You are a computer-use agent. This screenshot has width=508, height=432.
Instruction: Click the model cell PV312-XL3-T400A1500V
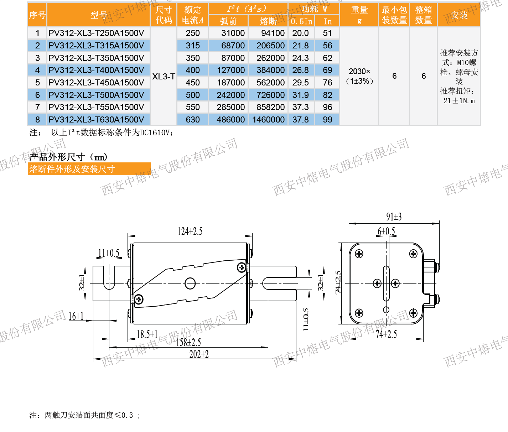(x=96, y=70)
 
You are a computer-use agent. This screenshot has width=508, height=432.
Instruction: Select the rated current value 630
(x=193, y=120)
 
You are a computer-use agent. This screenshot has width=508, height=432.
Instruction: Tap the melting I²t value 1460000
(x=269, y=120)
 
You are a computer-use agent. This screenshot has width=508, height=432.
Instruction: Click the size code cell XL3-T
(x=164, y=77)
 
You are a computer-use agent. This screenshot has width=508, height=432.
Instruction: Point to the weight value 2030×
(x=359, y=72)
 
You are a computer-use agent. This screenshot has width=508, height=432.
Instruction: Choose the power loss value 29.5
(x=300, y=83)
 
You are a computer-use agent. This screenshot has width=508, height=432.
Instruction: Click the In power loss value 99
(x=327, y=120)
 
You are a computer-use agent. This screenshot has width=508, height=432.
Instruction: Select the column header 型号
(x=98, y=15)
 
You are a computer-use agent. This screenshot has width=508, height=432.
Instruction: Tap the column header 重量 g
(x=359, y=15)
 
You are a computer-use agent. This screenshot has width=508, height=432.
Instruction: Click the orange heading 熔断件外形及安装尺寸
(x=72, y=169)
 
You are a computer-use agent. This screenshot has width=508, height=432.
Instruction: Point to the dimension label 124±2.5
(x=190, y=231)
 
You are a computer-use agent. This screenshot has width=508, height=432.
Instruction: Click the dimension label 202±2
(x=199, y=354)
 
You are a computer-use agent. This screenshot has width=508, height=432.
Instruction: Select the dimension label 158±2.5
(x=188, y=343)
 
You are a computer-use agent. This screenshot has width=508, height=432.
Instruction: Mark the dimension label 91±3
(x=394, y=217)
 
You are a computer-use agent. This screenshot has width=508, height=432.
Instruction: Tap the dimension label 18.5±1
(x=147, y=334)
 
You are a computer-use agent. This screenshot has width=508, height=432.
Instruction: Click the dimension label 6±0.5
(x=386, y=232)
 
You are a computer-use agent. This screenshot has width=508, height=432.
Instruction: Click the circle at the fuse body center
(x=190, y=283)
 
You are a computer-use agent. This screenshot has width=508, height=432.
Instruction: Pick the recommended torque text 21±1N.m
(x=459, y=101)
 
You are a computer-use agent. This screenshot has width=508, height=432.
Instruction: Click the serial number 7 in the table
(x=37, y=107)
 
